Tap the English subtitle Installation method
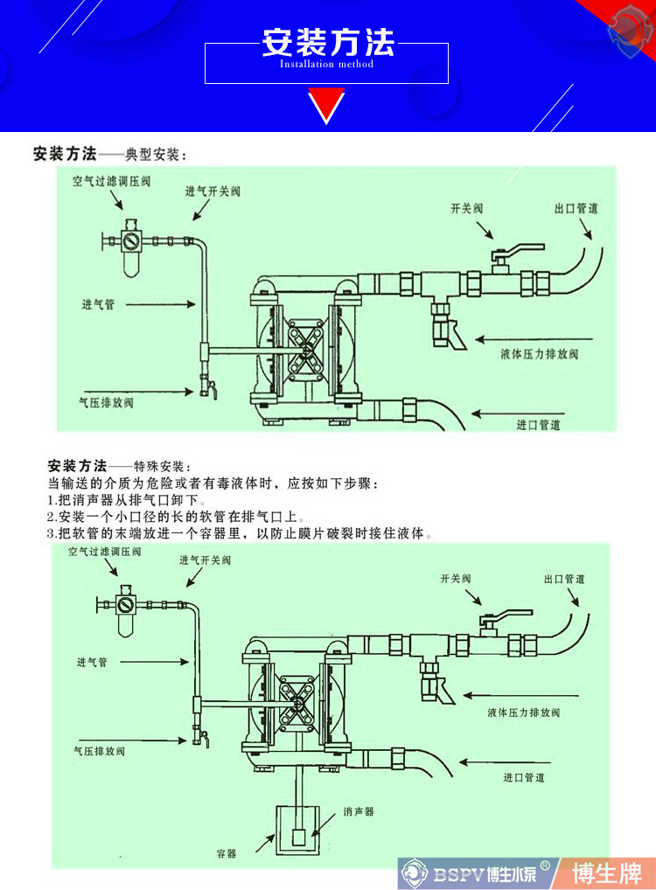(326, 64)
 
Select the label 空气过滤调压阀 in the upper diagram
(111, 183)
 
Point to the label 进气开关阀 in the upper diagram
(213, 191)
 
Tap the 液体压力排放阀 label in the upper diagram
(540, 354)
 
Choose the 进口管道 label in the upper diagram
(538, 425)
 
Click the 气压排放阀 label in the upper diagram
(106, 403)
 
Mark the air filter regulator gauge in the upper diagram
(131, 238)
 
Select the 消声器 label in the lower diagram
(359, 811)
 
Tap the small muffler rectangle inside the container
(298, 837)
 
